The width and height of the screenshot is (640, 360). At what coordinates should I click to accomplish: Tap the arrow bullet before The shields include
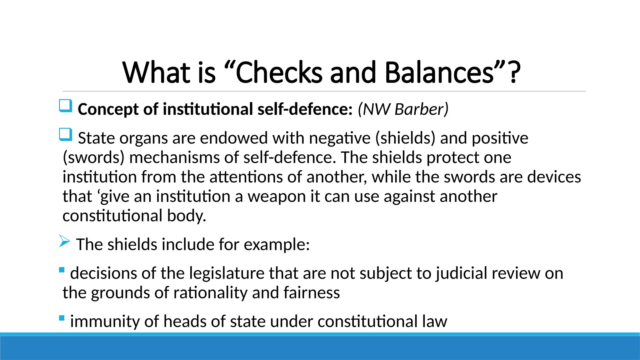[x=64, y=241]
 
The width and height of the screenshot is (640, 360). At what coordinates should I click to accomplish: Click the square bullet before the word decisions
[x=62, y=270]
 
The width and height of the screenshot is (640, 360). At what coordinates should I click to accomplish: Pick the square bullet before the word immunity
[x=62, y=318]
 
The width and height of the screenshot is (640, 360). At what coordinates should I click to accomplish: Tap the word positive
[x=500, y=138]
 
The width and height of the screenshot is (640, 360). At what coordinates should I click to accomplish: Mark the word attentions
[x=246, y=177]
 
